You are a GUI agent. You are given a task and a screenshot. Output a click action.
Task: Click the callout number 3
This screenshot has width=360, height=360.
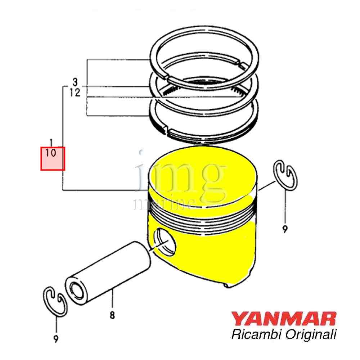[75, 82]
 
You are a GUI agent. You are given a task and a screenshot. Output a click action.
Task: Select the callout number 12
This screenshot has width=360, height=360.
[75, 93]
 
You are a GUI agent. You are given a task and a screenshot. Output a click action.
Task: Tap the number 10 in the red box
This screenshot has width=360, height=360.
[50, 153]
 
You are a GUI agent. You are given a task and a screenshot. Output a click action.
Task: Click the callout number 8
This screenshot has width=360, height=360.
[112, 315]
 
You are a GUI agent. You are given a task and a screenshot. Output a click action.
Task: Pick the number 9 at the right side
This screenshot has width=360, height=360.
[285, 229]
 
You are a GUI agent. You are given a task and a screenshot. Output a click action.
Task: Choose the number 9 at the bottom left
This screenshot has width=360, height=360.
[56, 338]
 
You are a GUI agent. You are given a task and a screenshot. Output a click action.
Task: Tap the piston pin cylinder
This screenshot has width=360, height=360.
[108, 273]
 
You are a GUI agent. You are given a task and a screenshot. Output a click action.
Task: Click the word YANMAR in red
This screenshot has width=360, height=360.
[284, 319]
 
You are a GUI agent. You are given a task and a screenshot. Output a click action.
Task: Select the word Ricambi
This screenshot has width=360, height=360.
[256, 334]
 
